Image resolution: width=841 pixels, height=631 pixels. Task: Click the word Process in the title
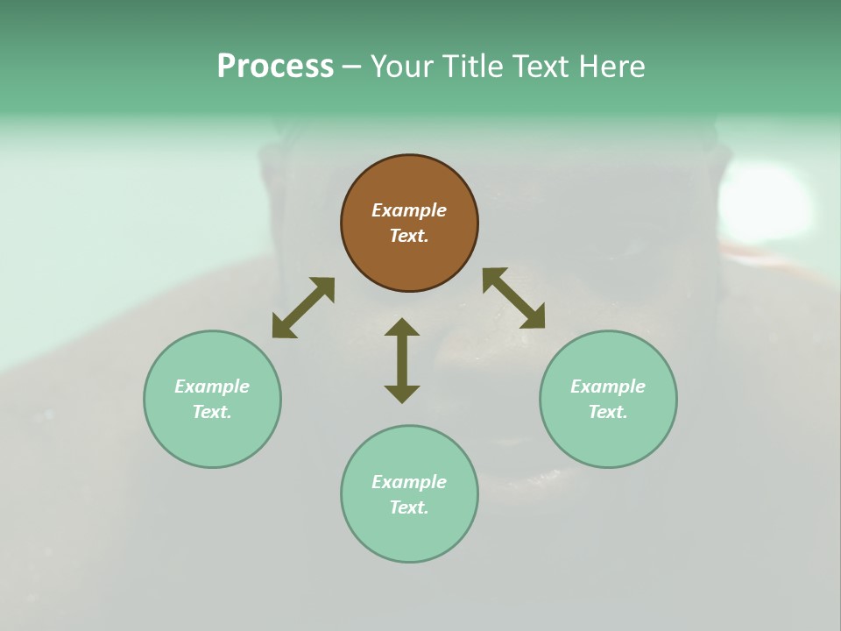[275, 67]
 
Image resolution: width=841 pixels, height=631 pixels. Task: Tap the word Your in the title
[402, 67]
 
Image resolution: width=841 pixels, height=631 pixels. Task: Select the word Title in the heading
[474, 67]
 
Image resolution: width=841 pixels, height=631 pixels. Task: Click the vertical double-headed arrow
[402, 360]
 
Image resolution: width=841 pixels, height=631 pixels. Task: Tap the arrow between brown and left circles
[303, 307]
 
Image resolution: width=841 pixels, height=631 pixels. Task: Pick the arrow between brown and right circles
[513, 298]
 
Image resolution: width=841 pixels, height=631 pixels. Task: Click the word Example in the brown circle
[409, 210]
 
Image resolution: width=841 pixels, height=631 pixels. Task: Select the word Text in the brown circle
[407, 236]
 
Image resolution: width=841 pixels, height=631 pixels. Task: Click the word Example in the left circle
[212, 386]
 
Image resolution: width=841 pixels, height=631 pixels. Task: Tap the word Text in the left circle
[211, 412]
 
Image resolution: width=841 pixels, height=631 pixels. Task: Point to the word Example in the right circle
[608, 386]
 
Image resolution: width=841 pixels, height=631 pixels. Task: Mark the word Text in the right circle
[607, 412]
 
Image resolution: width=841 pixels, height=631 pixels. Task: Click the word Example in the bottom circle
[409, 482]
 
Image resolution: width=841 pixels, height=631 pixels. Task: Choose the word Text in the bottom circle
[407, 507]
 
